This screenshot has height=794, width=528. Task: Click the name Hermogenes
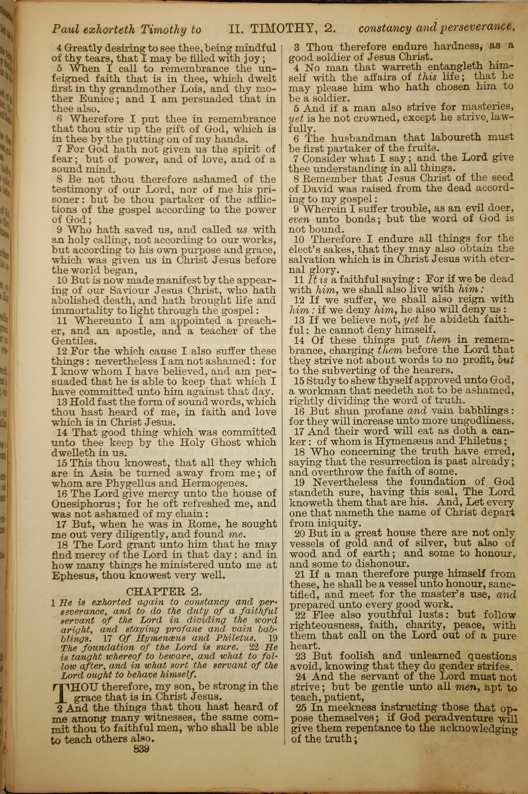tap(218, 484)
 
